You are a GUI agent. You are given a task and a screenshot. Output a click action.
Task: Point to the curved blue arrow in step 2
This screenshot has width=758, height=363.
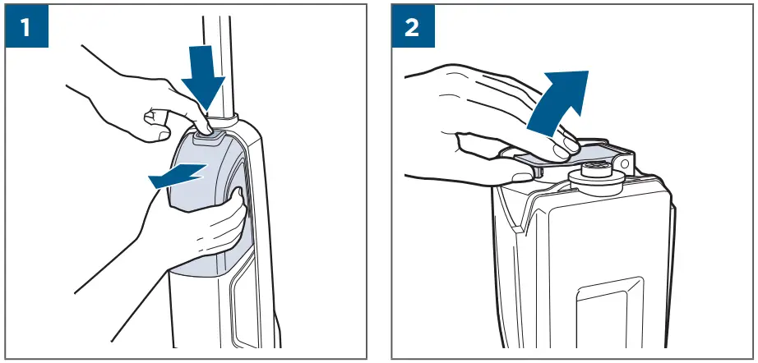click(x=558, y=103)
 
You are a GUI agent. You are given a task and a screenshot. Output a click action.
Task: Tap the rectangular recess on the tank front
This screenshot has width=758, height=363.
click(x=608, y=312)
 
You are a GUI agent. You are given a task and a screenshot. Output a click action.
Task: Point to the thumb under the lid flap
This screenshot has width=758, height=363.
click(x=523, y=175)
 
